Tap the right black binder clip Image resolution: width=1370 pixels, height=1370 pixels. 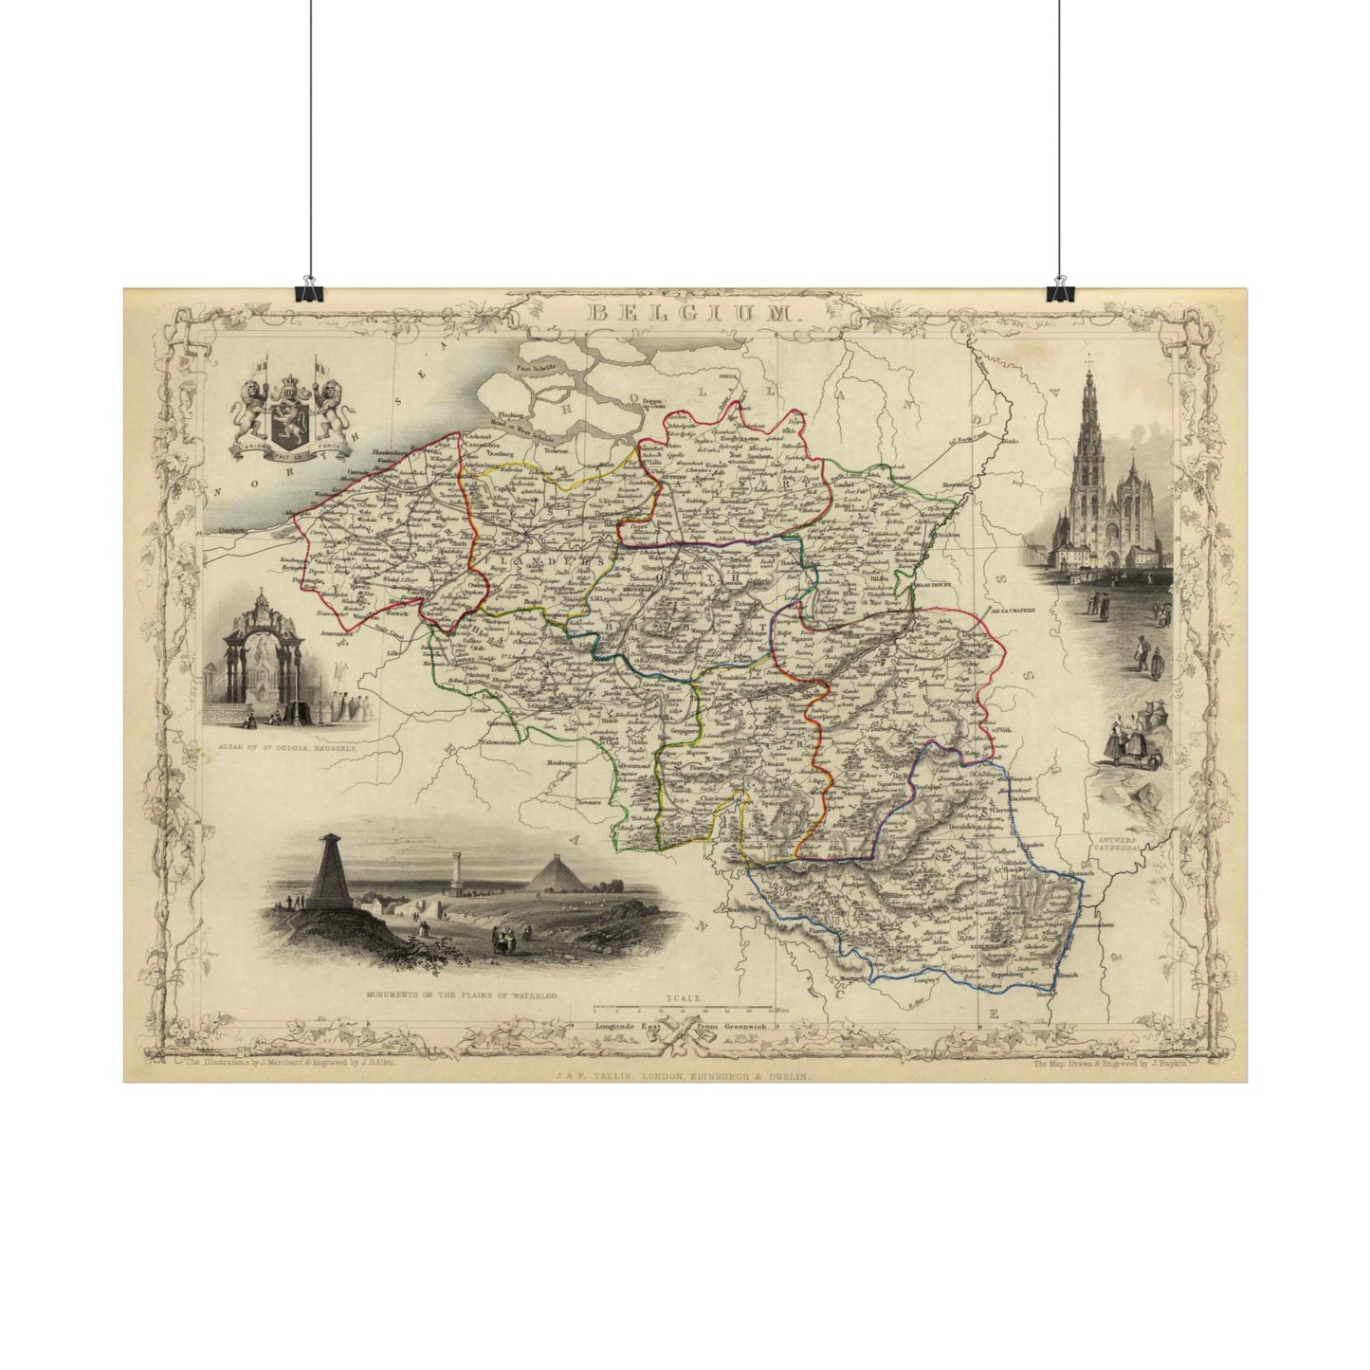(x=1059, y=290)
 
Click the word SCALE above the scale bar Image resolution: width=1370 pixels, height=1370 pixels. (x=682, y=998)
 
